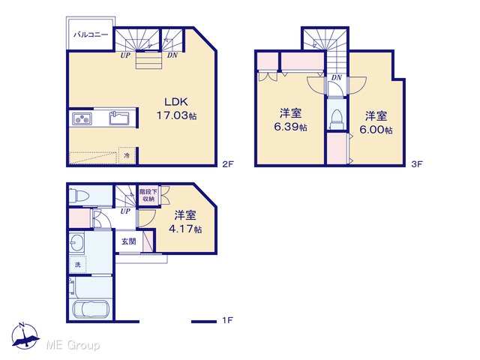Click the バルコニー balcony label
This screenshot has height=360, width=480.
click(91, 34)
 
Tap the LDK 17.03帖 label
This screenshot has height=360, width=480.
click(176, 109)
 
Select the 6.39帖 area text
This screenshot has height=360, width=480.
click(290, 127)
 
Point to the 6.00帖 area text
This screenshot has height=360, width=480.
click(376, 130)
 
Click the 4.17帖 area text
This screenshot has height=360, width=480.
click(185, 229)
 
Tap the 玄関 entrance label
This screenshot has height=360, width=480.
click(128, 241)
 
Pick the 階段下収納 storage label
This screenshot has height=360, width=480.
click(148, 195)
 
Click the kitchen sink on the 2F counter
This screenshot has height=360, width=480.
click(119, 118)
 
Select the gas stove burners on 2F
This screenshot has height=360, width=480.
click(82, 118)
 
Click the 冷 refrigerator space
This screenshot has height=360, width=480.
click(127, 155)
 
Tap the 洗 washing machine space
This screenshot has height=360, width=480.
click(78, 265)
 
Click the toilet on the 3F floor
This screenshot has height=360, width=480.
click(337, 120)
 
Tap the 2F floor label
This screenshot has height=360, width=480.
click(228, 164)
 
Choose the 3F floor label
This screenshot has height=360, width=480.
click(417, 164)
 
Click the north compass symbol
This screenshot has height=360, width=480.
click(25, 336)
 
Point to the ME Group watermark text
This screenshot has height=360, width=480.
click(73, 345)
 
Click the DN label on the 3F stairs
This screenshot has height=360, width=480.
click(337, 78)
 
